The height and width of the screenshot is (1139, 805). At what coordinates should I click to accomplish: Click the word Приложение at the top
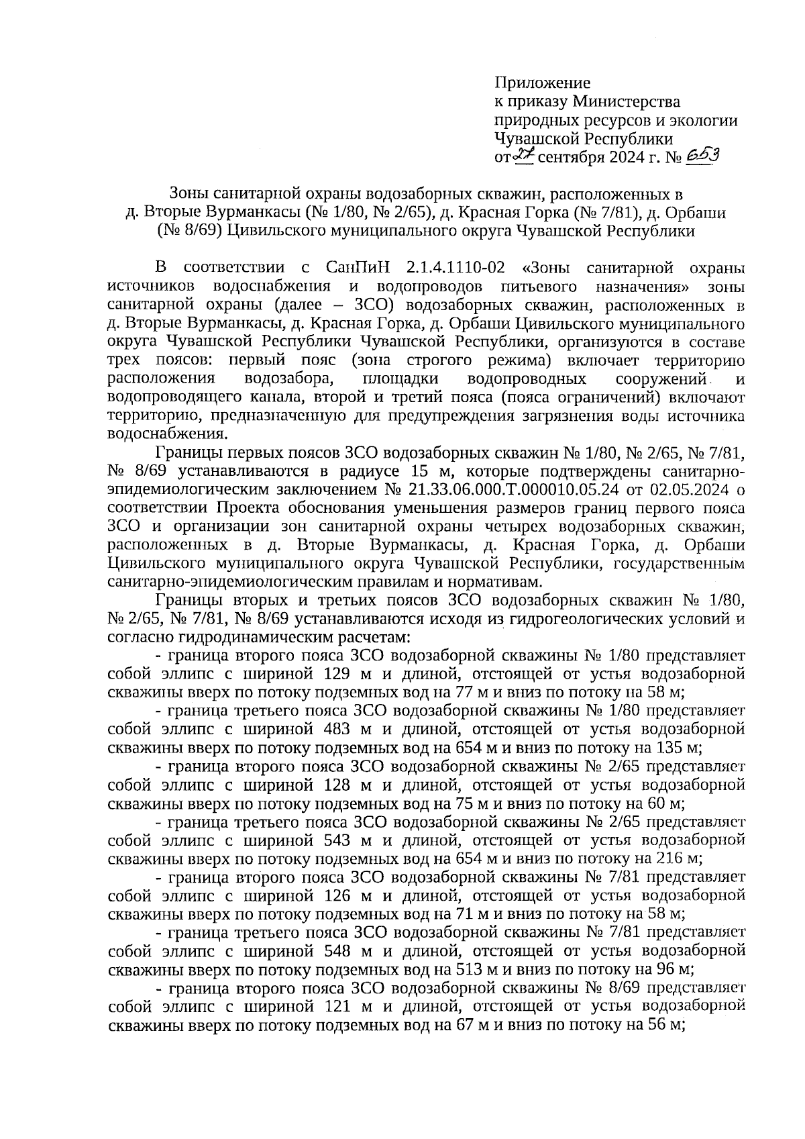(542, 83)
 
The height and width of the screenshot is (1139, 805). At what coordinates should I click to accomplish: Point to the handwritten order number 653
(703, 157)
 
